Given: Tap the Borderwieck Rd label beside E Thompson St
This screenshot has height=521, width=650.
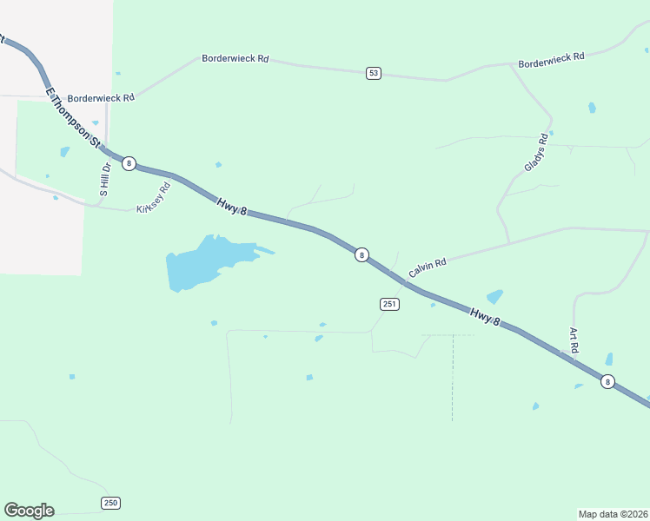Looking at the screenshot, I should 101,98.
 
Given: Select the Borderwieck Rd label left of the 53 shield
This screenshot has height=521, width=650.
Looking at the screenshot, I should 235,59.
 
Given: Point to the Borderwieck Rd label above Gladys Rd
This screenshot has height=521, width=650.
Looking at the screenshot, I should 552,59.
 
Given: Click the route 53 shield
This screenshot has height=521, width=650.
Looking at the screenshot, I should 374,73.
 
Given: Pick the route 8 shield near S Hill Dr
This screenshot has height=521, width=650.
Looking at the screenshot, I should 129,163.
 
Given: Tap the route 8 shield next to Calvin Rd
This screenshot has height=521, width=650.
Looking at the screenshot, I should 361,255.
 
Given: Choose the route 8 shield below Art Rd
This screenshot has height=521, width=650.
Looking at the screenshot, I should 607,381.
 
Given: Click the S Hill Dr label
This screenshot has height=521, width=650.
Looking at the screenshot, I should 104,181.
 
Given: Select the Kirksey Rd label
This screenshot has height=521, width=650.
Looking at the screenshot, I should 154,198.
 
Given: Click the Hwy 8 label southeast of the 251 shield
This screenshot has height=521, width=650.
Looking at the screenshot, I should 486,316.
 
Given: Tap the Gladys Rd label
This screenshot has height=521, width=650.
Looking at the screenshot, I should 536,153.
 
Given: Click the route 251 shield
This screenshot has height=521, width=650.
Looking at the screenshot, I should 389,303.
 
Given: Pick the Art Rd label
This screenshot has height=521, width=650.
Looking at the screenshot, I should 574,340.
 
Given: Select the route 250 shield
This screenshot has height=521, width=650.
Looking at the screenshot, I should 110,503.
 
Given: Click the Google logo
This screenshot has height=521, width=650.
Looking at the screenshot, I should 29,511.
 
